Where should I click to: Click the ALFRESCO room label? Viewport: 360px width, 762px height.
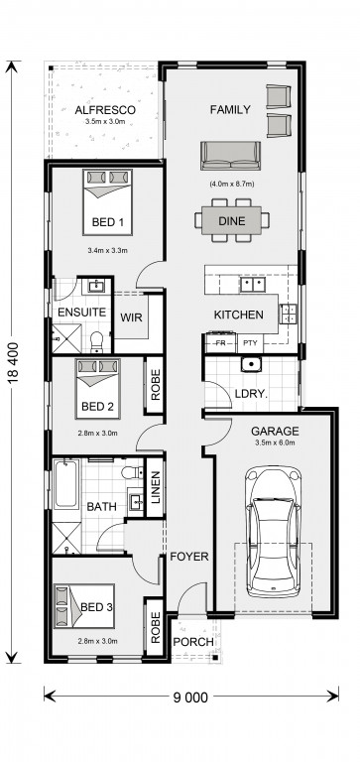(x=105, y=110)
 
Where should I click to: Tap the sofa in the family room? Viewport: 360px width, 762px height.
(x=231, y=156)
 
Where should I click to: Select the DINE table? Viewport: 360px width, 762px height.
(x=232, y=220)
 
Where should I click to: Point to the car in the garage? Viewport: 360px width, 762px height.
(x=273, y=532)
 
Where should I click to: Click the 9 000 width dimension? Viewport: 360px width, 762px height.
(x=190, y=698)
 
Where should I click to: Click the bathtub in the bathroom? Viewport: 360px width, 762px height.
(x=65, y=484)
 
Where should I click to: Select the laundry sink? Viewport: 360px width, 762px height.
(x=251, y=363)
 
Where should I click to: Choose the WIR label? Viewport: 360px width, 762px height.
(x=131, y=317)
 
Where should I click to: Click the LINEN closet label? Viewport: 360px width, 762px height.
(x=156, y=487)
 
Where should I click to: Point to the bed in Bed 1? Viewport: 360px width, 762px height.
(x=107, y=202)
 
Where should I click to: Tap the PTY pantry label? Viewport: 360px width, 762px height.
(x=250, y=343)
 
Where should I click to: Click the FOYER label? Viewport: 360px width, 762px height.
(x=189, y=557)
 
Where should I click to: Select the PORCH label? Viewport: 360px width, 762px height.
(x=193, y=642)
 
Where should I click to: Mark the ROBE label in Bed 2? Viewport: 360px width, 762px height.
(x=156, y=385)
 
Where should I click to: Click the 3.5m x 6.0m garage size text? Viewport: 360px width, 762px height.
(x=275, y=443)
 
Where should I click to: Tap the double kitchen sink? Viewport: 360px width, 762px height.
(x=253, y=285)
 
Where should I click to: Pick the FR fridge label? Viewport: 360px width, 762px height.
(x=221, y=343)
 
